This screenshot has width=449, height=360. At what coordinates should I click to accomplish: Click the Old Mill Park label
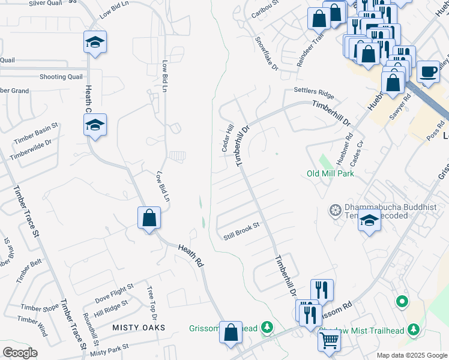pos(330,173)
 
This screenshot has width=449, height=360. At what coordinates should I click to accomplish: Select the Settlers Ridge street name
pos(313,93)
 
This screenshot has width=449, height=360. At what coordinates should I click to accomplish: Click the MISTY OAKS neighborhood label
pos(139,327)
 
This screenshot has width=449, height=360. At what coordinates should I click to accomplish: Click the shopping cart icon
pos(329,341)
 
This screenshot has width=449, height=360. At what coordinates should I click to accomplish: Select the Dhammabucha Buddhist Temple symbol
pos(334,210)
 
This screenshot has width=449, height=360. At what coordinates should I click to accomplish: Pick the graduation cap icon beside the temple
pos(369,220)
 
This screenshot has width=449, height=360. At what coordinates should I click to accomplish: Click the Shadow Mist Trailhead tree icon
pos(413,329)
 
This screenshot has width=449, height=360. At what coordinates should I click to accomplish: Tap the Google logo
pos(20,353)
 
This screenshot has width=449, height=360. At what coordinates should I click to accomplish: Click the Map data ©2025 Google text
pos(411,355)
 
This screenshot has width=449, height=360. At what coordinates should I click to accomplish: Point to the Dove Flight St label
pos(113,292)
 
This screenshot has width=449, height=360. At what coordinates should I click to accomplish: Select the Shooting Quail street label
pos(61,77)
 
